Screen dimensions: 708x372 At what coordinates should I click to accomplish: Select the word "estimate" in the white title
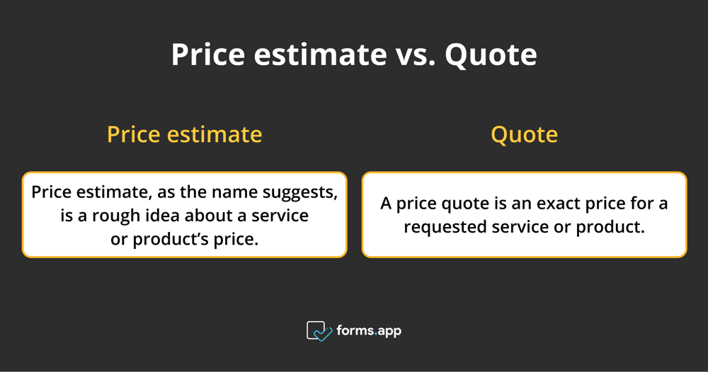pos(320,54)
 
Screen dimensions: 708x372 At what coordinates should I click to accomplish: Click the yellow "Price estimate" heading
pos(184,134)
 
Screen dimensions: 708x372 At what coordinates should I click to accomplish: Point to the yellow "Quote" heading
pos(524,135)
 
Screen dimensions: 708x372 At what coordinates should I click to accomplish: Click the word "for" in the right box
pos(643,204)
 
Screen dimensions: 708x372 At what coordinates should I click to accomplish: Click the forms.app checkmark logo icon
pos(319,331)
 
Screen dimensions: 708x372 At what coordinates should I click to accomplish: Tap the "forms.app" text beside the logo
pos(369,331)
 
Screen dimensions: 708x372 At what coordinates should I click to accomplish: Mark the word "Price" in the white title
pos(207,54)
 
